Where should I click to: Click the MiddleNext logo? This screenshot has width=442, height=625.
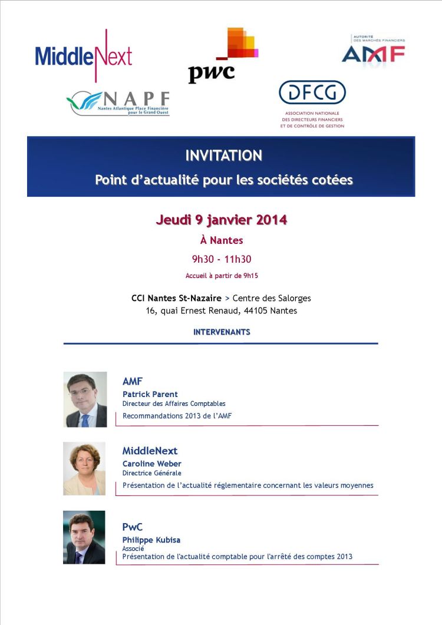84,56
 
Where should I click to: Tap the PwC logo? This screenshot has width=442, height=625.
222,57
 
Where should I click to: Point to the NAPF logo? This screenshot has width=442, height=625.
118,101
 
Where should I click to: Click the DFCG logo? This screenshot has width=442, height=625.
312,104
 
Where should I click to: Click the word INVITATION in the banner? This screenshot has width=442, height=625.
223,156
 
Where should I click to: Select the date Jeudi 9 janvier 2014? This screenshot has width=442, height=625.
221,220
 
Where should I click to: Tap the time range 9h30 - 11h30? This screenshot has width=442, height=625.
221,258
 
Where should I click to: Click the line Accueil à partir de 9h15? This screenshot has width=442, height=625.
221,275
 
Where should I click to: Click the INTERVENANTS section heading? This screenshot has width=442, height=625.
222,332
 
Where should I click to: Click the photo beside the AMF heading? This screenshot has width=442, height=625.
85,399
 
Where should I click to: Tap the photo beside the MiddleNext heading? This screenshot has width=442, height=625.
84,468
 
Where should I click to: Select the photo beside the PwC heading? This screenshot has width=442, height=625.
84,537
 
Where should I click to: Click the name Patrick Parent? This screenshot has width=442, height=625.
150,394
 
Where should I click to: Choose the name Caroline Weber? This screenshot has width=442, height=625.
151,464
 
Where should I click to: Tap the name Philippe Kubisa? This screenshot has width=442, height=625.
151,540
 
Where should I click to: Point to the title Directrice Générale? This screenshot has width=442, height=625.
151,473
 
